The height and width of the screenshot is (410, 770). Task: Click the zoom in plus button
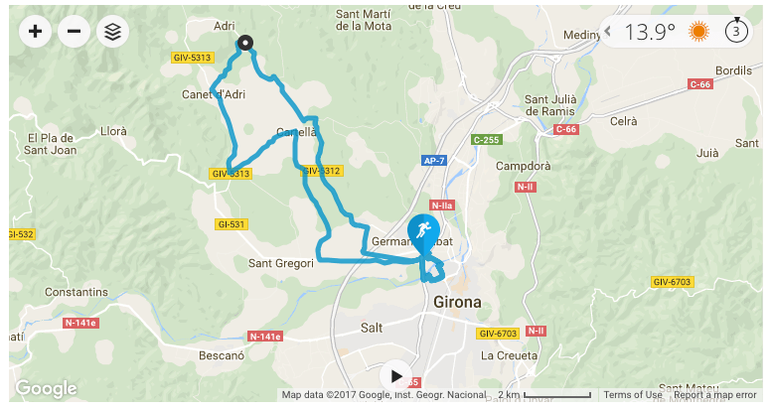coord(36,32)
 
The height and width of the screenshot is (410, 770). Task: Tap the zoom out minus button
coord(74,32)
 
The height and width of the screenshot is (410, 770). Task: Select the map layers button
coord(112,32)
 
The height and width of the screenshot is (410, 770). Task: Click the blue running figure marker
coord(424,231)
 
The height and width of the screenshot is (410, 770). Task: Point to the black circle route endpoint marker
coord(245,43)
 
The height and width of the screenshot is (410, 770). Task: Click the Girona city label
coord(457,301)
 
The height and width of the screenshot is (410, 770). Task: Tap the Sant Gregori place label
coord(281,263)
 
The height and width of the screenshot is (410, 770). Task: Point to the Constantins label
coord(76,293)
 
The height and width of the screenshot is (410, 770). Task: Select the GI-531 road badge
coord(230,224)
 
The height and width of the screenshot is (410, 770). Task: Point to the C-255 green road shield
coord(487,140)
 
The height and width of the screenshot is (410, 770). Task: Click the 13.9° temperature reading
coord(650,32)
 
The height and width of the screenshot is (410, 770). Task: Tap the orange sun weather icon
coord(699,32)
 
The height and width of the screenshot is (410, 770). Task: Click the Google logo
coord(46,389)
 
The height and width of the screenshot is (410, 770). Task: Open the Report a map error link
coord(715,395)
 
